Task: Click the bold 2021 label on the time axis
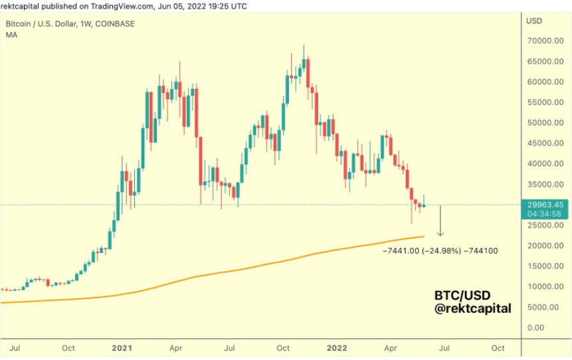122,348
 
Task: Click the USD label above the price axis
534,21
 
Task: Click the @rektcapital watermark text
473,308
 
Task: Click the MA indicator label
11,35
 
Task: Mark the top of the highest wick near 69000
304,45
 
